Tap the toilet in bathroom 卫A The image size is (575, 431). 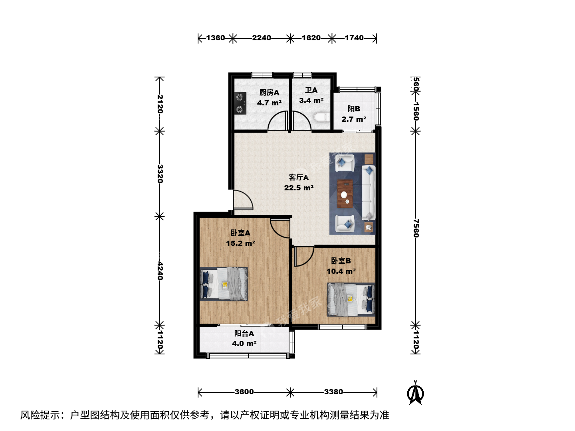(x=321, y=117)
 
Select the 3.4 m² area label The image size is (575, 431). (x=311, y=101)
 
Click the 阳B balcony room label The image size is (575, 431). (x=354, y=109)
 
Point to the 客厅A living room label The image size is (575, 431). (x=299, y=178)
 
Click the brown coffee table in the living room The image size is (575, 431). (x=345, y=194)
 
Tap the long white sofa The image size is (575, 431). (x=369, y=193)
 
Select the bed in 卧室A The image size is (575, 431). (x=224, y=284)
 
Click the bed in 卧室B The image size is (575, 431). (x=351, y=299)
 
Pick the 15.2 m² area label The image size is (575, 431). (x=240, y=243)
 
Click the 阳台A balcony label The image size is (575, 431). (x=244, y=333)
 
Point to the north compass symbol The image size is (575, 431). (x=415, y=393)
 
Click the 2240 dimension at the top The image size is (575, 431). (x=262, y=38)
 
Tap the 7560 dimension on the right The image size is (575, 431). (x=416, y=228)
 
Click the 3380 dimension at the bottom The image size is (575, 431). (x=333, y=392)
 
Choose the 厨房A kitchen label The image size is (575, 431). (x=269, y=92)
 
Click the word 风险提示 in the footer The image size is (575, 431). (x=40, y=415)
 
